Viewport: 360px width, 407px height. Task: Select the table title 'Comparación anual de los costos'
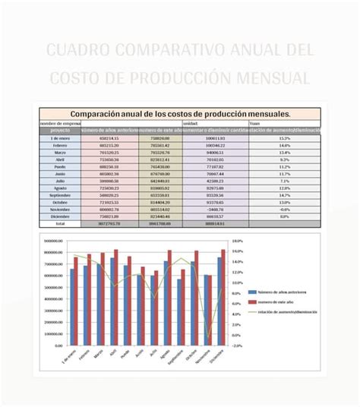tap(180, 113)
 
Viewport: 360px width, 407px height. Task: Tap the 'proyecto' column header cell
tap(60, 131)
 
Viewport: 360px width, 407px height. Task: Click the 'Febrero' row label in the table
tap(60, 146)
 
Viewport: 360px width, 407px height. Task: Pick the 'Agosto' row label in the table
tap(60, 188)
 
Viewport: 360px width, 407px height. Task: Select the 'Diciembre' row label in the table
tap(60, 216)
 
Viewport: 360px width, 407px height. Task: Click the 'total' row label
tap(60, 224)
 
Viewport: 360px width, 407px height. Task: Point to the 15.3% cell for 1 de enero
tap(285, 138)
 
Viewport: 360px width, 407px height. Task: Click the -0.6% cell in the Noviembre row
tap(285, 209)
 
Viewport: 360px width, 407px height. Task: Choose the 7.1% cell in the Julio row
tap(285, 181)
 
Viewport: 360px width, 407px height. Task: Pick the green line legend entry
tap(286, 311)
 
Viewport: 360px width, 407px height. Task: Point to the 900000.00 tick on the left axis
tap(53, 241)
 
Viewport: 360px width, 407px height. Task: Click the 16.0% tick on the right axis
tap(237, 251)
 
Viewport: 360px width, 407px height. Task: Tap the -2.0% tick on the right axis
tap(237, 345)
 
